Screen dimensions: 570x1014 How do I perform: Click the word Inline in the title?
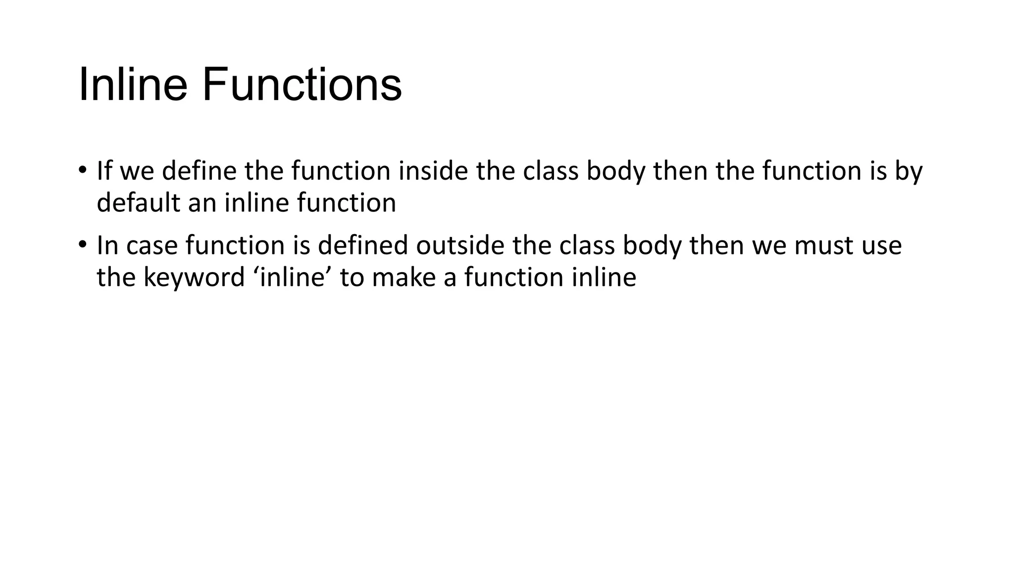click(133, 85)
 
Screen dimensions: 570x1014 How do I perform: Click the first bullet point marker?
click(82, 171)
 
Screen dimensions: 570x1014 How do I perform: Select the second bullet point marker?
click(82, 245)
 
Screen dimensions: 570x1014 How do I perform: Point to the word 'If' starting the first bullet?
click(104, 171)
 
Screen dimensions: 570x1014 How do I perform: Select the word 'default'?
click(138, 203)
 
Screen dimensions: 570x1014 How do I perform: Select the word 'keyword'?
click(194, 277)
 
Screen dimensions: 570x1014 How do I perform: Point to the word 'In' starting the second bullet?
click(107, 245)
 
